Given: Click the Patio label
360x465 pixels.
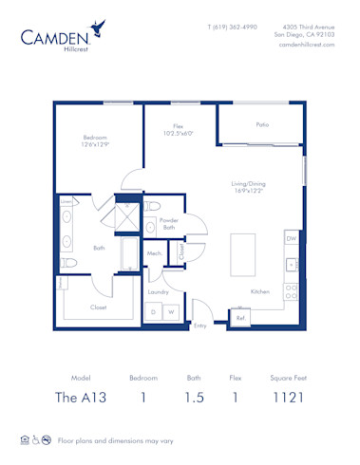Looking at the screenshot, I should (x=261, y=124).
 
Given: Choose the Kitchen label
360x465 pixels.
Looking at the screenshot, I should (x=261, y=291).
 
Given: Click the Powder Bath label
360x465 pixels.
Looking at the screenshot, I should (x=168, y=224).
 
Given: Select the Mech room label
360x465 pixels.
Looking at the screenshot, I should (x=154, y=253).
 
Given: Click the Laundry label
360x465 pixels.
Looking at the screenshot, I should (x=157, y=291).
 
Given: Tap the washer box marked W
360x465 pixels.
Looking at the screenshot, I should (x=173, y=310).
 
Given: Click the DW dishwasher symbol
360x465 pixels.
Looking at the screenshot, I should (x=292, y=239).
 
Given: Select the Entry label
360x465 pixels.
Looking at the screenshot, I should (x=200, y=325).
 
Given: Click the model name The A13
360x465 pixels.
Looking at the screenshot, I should (x=81, y=398).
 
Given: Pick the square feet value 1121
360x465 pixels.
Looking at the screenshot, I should (x=286, y=398).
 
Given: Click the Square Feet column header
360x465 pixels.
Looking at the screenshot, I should (x=286, y=377).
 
